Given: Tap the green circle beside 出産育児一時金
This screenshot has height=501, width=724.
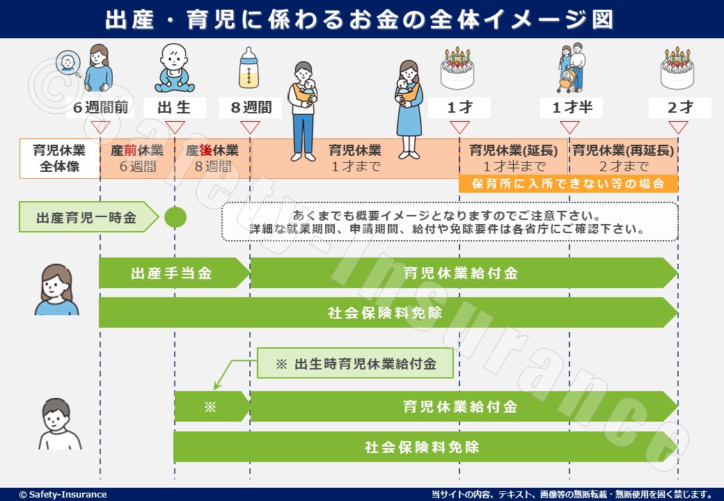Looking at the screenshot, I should click(175, 218).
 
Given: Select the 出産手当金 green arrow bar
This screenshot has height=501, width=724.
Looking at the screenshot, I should click(173, 273).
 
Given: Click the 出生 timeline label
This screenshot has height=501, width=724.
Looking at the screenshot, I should click(175, 109).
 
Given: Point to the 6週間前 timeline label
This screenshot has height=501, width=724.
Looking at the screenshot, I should click(101, 109).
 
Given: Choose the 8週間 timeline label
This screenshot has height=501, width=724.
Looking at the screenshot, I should click(250, 109).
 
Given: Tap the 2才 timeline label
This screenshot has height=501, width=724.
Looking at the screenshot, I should click(679, 109).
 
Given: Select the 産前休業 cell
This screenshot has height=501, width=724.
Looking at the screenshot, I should click(137, 159).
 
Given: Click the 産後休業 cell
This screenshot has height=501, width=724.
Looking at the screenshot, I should click(212, 159).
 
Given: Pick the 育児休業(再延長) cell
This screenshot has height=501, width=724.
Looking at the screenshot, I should click(623, 159).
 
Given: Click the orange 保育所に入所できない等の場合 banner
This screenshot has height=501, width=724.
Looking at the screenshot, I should click(568, 184).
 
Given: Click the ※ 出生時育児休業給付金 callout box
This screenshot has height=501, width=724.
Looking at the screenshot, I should click(356, 363).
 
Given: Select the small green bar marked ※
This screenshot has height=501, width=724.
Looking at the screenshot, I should click(210, 406).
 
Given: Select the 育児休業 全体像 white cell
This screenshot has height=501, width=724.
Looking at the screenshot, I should click(60, 159).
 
